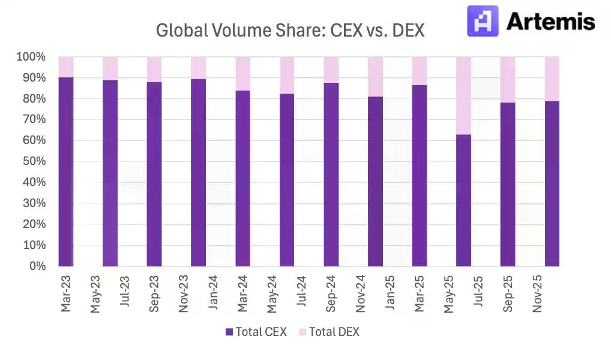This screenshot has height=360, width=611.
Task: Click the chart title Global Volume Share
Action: [x=290, y=31]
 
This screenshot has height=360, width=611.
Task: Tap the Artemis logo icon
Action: [x=483, y=21]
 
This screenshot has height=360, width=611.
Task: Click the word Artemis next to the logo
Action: [x=550, y=22]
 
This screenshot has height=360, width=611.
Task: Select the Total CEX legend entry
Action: [x=256, y=332]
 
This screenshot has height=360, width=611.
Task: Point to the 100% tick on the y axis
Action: [x=31, y=57]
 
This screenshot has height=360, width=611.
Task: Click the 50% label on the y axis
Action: [x=33, y=161]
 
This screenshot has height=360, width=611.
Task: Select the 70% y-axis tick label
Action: [x=33, y=119]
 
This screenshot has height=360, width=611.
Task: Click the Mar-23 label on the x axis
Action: [x=66, y=294]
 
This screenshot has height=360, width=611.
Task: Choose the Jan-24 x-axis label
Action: [x=214, y=294]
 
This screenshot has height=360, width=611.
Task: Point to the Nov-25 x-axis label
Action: [x=538, y=294]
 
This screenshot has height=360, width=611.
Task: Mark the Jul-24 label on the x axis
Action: [x=302, y=294]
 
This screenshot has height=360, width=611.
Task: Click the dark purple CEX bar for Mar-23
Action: [x=66, y=174]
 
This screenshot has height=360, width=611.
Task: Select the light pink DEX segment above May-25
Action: [x=463, y=96]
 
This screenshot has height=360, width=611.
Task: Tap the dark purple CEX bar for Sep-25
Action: [x=508, y=186]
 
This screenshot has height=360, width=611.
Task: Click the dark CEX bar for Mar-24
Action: [x=242, y=180]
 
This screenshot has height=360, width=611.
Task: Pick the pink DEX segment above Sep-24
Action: [x=331, y=70]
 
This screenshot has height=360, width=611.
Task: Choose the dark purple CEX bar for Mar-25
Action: [x=420, y=177]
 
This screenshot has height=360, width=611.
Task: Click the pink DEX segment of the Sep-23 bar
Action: [x=154, y=70]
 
